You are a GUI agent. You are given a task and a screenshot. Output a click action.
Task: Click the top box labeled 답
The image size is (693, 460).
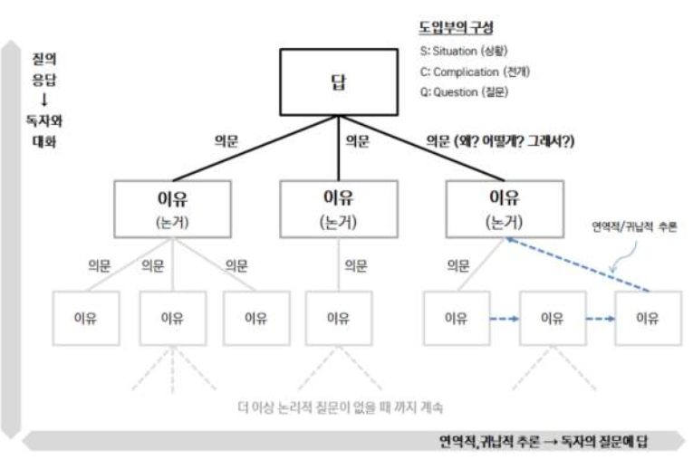coord(337,82)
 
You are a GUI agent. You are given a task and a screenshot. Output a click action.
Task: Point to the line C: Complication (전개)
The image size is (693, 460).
coord(475,72)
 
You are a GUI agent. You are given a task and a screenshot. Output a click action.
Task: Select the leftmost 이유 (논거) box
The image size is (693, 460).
coord(174,207)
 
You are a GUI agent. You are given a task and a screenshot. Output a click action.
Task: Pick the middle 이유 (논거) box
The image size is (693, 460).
coord(338,207)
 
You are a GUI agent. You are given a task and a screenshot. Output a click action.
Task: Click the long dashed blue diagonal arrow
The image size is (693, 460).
coord(580,262)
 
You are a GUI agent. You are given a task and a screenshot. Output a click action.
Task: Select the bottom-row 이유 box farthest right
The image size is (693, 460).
coord(647,318)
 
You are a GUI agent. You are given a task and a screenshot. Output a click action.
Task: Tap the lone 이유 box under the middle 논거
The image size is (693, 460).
coord(338,318)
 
